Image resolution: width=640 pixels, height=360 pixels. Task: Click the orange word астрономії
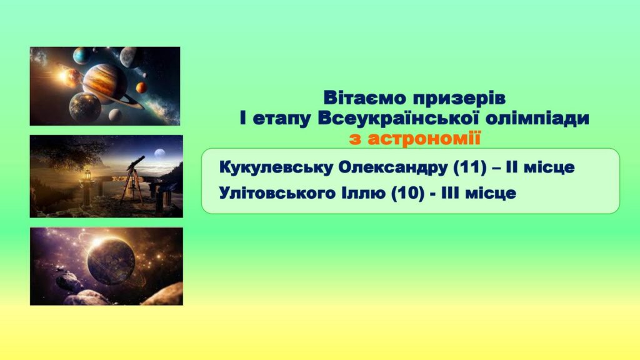424,139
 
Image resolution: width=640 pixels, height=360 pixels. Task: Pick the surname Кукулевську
276,167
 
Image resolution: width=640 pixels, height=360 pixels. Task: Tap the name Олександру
394,167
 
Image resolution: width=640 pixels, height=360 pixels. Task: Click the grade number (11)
470,167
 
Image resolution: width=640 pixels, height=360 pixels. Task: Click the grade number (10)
407,193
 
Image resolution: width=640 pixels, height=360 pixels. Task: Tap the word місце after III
491,193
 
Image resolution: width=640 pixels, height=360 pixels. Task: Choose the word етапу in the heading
281,119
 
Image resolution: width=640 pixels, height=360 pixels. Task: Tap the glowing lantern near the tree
87,176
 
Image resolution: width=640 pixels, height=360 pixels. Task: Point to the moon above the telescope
159,153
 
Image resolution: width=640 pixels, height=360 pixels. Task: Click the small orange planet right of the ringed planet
141,87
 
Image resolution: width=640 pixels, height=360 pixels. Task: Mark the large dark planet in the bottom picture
111,262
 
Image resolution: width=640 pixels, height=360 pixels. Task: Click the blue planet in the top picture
82,56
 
